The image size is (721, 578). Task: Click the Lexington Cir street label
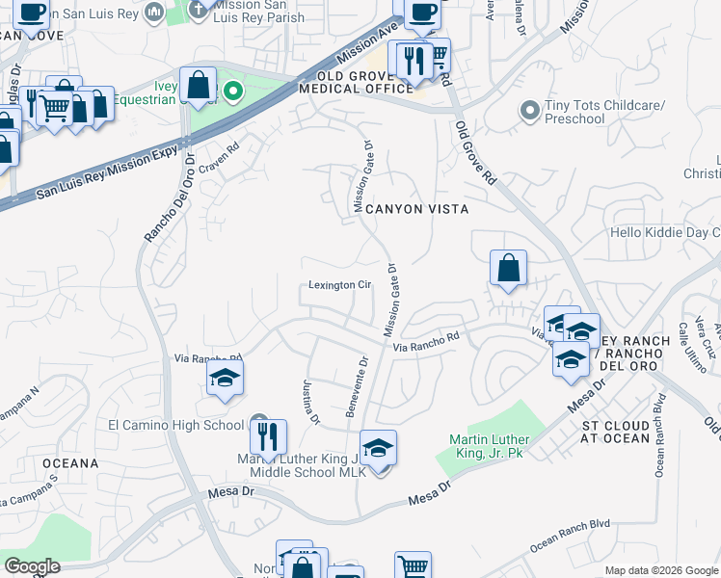339,285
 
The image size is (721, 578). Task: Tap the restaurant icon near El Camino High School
269,436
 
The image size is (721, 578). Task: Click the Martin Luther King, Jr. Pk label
486,446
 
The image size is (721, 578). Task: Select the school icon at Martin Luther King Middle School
379,448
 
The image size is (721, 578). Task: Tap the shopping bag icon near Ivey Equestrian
198,84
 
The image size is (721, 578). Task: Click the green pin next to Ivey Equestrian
232,92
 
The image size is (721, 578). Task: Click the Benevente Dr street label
357,387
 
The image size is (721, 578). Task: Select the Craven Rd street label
220,151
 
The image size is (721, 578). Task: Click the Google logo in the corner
32,566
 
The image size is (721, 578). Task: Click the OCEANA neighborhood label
69,463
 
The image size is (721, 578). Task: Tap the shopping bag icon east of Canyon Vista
508,268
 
